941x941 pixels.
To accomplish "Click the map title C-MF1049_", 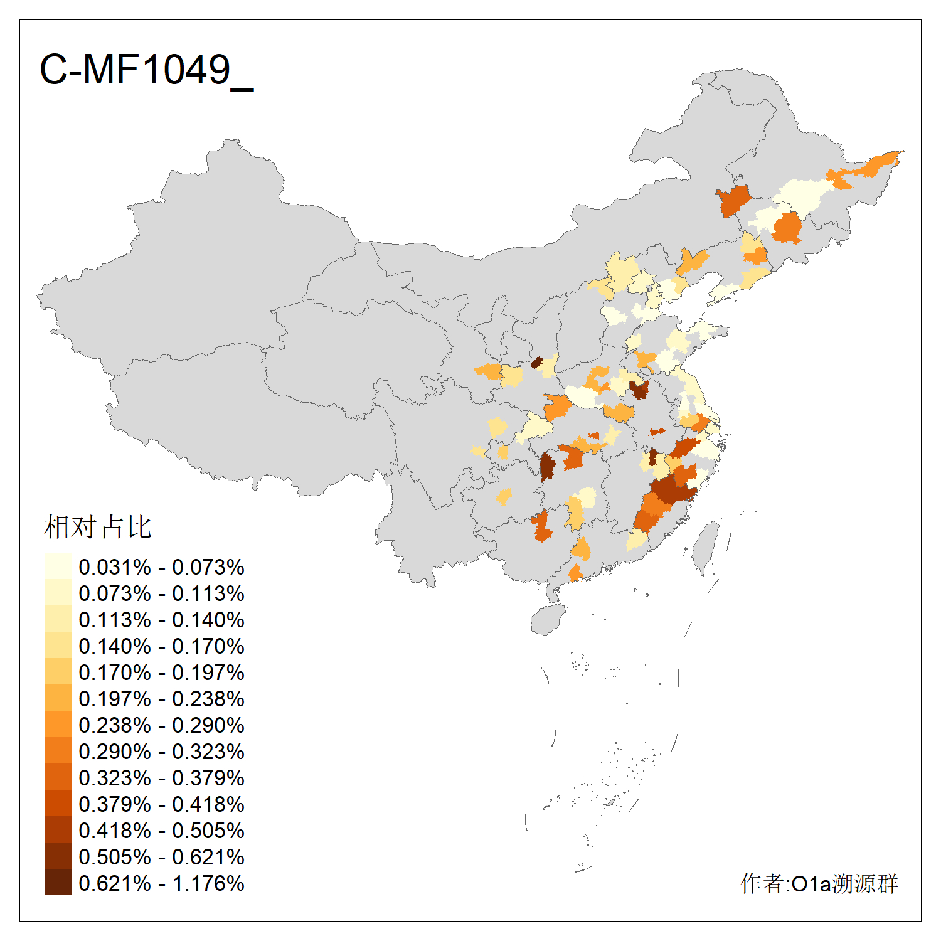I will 146,70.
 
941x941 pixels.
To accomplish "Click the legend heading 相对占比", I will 98,527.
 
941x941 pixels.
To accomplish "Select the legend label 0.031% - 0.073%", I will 161,567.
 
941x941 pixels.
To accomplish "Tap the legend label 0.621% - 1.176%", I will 161,883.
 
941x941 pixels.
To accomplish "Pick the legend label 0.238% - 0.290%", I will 161,725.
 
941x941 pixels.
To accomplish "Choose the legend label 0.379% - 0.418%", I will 161,804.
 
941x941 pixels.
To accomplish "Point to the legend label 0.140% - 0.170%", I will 161,646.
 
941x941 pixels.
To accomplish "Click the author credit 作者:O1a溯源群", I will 819,883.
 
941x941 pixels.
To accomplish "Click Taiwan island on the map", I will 706,547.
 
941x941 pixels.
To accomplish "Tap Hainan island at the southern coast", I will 548,620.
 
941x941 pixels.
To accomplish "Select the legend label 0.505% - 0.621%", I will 161,857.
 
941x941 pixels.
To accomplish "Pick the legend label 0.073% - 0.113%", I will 161,593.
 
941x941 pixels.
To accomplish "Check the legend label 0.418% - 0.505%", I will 161,831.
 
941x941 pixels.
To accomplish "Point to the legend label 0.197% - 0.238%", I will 161,699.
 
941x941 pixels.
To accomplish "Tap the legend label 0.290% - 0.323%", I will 161,752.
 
